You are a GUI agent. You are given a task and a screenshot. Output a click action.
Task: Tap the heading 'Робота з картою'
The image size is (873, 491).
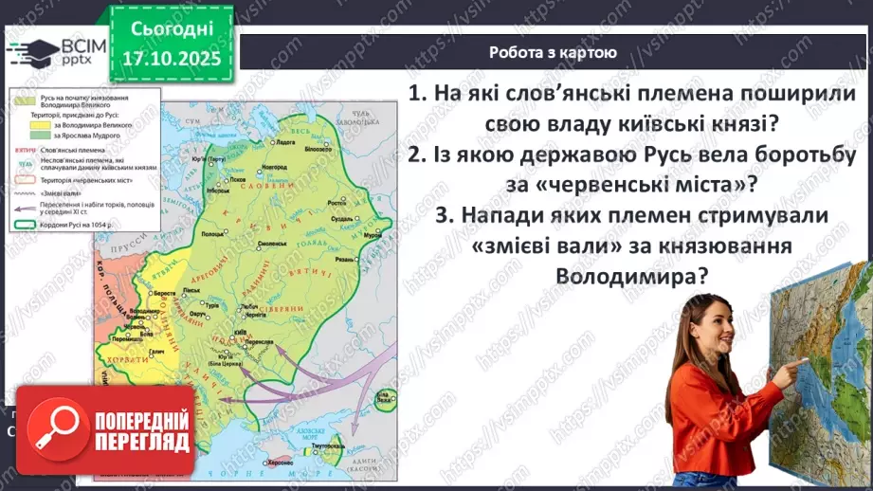553,53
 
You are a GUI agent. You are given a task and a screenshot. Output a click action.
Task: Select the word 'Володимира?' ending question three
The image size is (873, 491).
633,276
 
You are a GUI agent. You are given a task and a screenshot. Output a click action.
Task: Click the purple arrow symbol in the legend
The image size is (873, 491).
21,209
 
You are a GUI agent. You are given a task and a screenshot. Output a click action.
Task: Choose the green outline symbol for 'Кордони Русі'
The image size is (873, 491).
21,226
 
